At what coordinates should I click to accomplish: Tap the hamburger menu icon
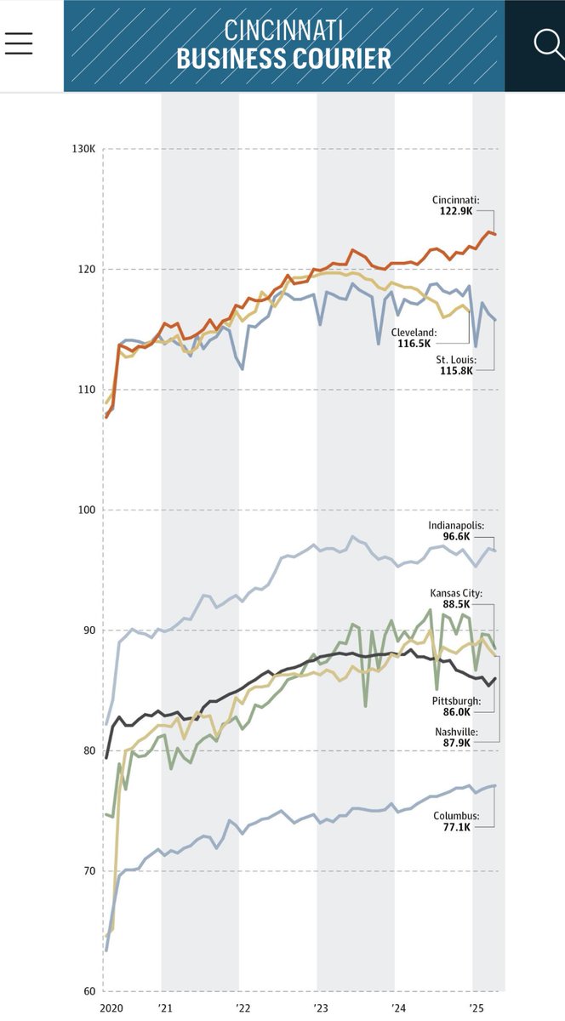click(19, 43)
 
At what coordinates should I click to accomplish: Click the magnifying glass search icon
click(547, 43)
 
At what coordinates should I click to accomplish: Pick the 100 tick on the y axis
click(87, 510)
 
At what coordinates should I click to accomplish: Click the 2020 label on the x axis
click(111, 1007)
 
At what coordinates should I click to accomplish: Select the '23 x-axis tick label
click(320, 1007)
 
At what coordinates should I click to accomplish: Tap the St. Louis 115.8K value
click(461, 373)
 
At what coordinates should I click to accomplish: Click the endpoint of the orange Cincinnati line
click(496, 234)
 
